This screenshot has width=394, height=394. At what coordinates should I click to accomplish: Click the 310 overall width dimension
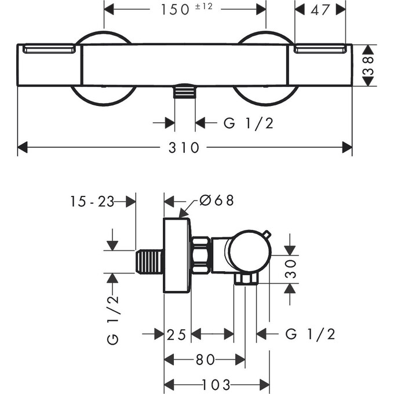point(185,148)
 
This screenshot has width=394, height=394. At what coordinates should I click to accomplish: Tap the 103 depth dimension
point(217,384)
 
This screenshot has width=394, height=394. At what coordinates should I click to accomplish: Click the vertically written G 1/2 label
point(113,319)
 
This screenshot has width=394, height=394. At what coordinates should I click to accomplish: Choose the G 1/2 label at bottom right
point(311,334)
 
